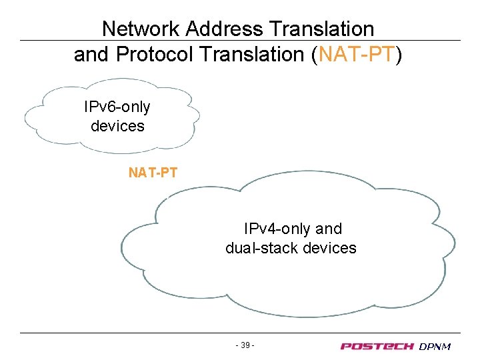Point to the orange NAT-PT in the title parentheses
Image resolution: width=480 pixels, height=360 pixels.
coord(357,55)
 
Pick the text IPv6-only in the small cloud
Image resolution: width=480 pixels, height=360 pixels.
coord(117,107)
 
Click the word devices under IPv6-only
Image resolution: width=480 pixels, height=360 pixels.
coord(117,125)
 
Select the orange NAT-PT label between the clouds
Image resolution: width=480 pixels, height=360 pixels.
coord(153,173)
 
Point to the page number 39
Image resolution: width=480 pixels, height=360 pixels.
coord(245,345)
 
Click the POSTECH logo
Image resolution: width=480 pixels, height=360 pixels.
coord(377,346)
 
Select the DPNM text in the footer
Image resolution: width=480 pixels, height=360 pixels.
coord(435,346)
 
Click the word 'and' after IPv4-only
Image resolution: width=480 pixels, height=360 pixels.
coord(328,229)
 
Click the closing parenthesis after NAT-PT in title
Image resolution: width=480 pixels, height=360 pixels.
coord(399,55)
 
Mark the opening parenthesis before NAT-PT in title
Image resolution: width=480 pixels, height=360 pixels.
coord(315,55)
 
